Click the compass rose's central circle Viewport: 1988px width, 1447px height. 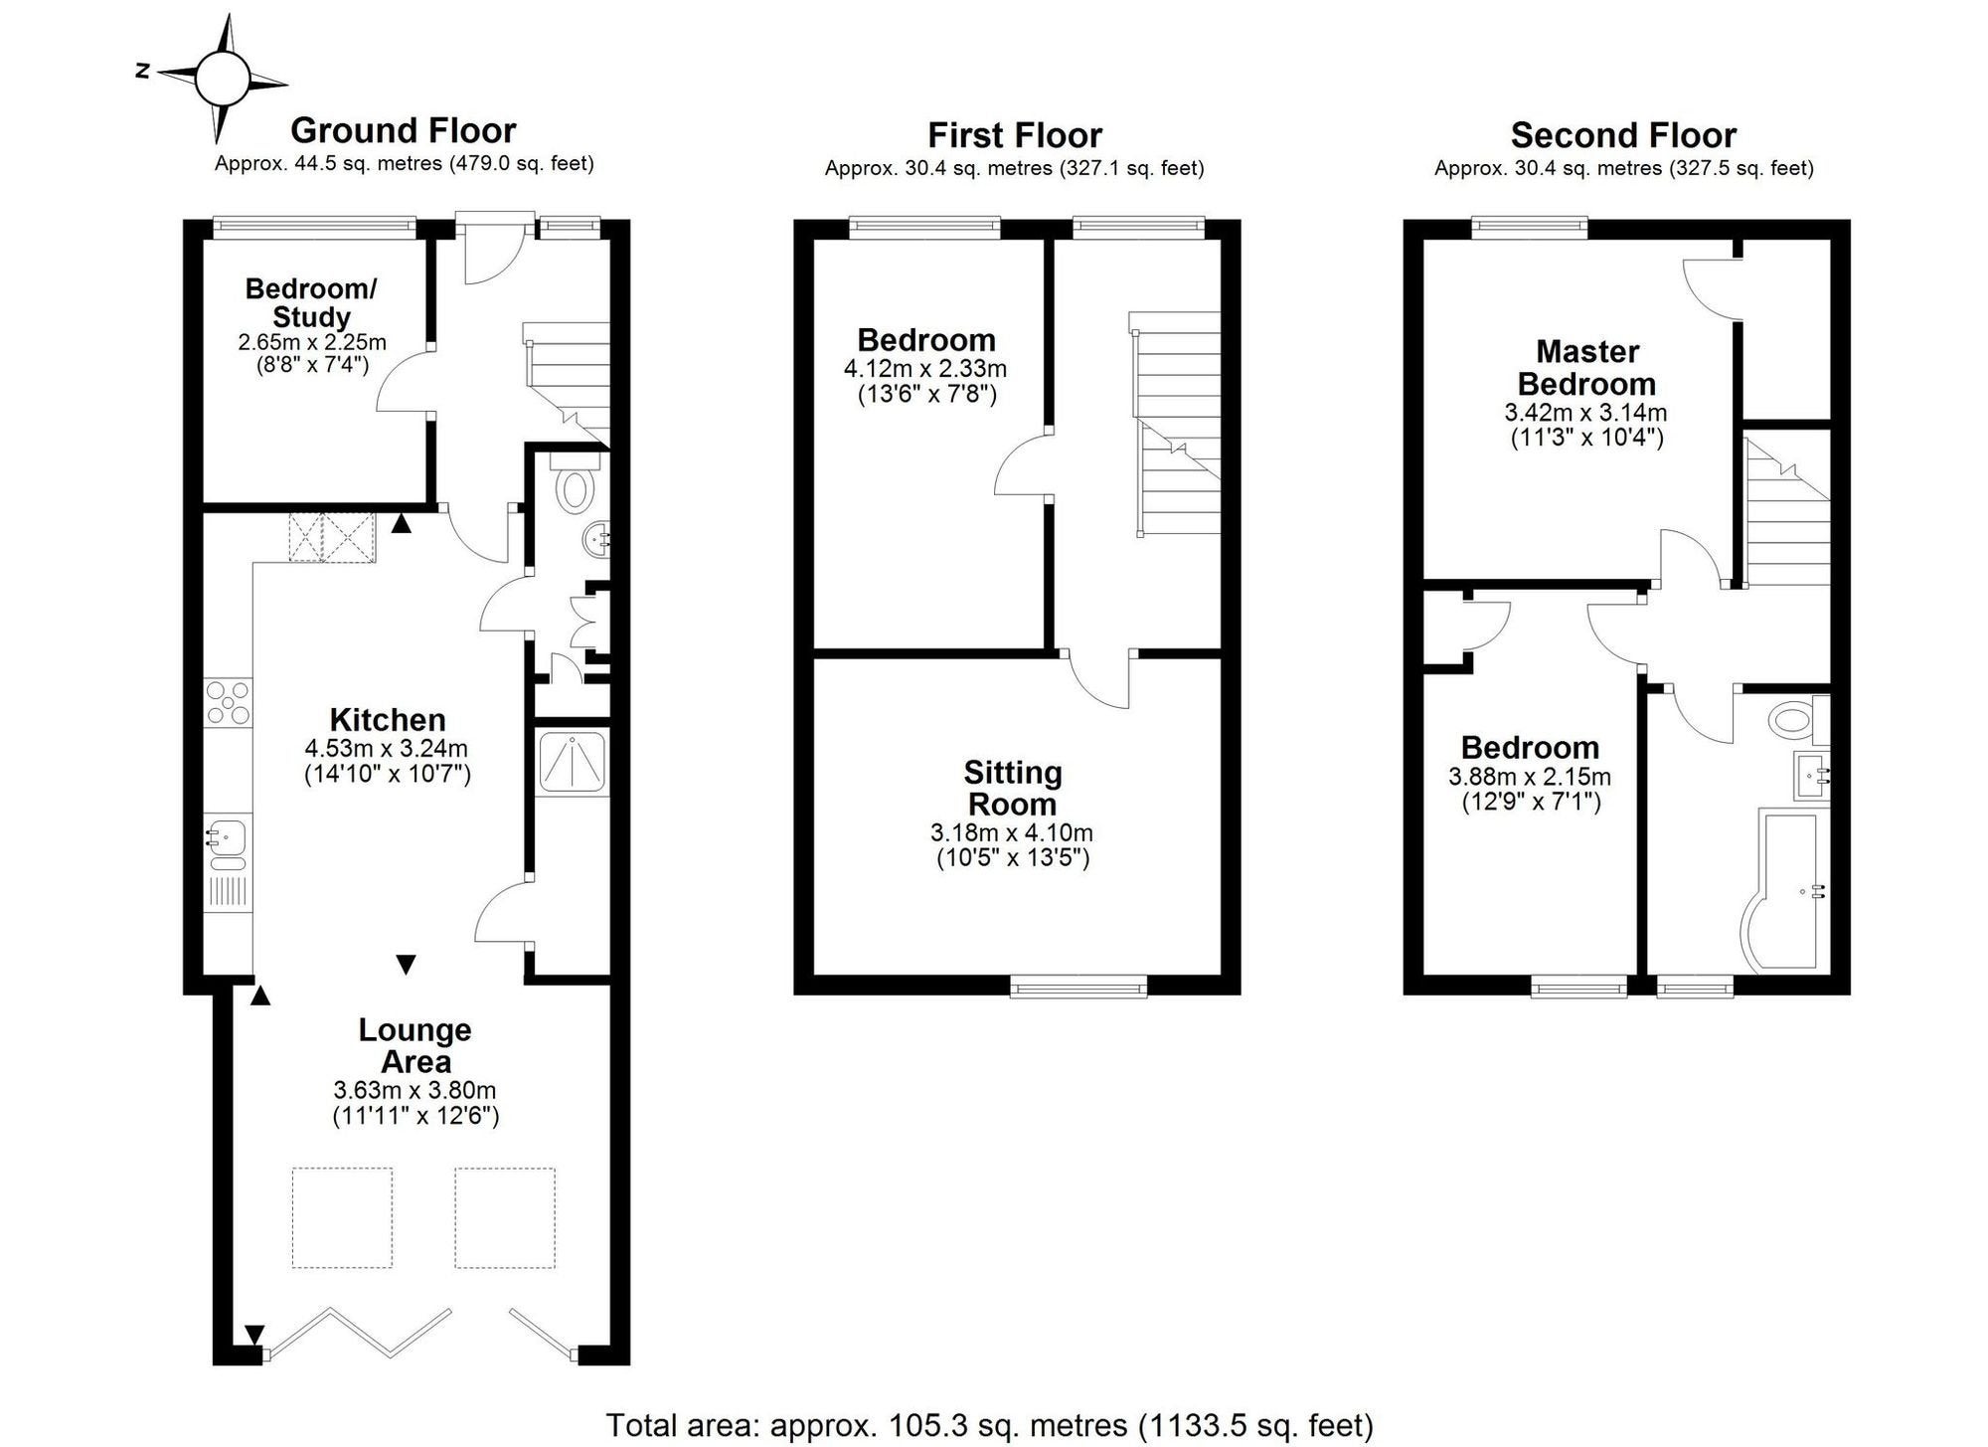pyautogui.click(x=221, y=79)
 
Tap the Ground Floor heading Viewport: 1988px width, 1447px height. pyautogui.click(x=403, y=130)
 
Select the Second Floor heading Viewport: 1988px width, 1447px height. pyautogui.click(x=1623, y=134)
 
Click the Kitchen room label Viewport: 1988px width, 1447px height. pyautogui.click(x=388, y=719)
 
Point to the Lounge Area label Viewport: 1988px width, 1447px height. pyautogui.click(x=415, y=1045)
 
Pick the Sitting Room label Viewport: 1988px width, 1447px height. pyautogui.click(x=1013, y=788)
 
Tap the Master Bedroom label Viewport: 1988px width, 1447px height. pyautogui.click(x=1586, y=367)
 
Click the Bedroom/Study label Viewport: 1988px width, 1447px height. pyautogui.click(x=311, y=302)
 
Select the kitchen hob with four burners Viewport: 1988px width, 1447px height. pyautogui.click(x=228, y=703)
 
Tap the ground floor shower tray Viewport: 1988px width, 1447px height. pyautogui.click(x=572, y=762)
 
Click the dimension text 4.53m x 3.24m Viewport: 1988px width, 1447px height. pyautogui.click(x=387, y=748)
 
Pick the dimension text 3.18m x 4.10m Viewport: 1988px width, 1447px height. pyautogui.click(x=1013, y=832)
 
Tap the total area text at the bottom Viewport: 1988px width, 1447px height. pyautogui.click(x=989, y=1425)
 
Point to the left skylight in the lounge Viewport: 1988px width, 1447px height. pyautogui.click(x=342, y=1218)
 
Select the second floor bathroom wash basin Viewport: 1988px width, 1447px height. pyautogui.click(x=1813, y=776)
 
